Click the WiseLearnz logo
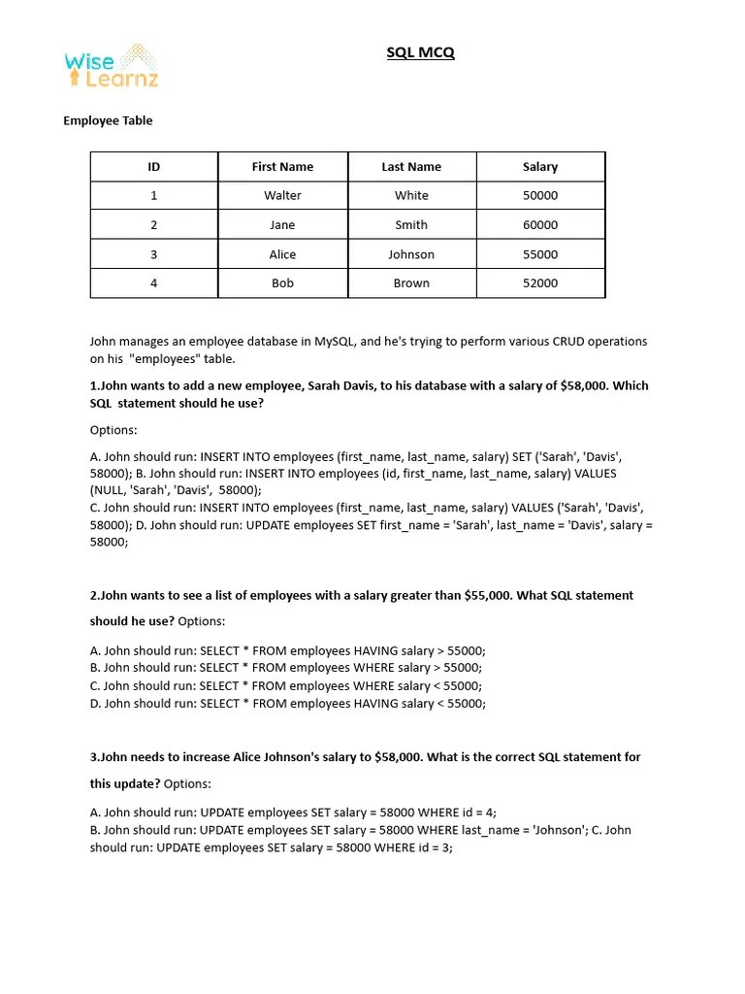111,66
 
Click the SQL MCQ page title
420,52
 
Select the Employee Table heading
108,121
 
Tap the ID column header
153,167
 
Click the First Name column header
282,167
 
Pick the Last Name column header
411,167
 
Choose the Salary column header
540,167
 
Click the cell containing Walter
282,195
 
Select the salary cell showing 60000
540,225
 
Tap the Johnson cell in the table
411,254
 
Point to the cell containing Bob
282,283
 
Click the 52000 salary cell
540,283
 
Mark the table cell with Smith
411,225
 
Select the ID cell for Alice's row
153,254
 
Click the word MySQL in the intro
413,342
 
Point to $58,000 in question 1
585,385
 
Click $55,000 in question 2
487,595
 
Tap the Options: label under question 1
113,429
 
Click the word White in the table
411,195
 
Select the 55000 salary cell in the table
540,254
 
